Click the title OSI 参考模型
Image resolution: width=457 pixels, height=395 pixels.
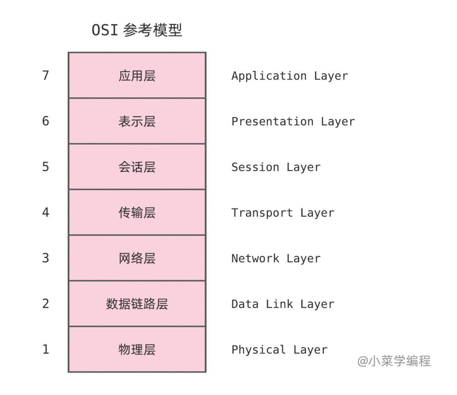pyautogui.click(x=137, y=30)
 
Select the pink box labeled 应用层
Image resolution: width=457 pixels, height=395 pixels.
pyautogui.click(x=137, y=75)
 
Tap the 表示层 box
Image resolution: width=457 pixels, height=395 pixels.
pyautogui.click(x=137, y=121)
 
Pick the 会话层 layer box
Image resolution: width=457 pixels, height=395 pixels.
pyautogui.click(x=137, y=167)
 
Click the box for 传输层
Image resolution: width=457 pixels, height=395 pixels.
pyautogui.click(x=137, y=212)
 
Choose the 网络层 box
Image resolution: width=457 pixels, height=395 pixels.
pyautogui.click(x=137, y=258)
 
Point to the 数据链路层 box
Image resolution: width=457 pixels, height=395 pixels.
pyautogui.click(x=137, y=304)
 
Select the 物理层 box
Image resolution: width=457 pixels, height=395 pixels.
pyautogui.click(x=137, y=350)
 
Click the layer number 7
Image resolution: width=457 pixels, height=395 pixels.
pyautogui.click(x=45, y=75)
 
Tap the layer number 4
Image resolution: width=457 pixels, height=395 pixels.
pyautogui.click(x=45, y=212)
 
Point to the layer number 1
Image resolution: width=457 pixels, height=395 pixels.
pyautogui.click(x=45, y=350)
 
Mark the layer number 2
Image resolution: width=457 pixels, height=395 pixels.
pyautogui.click(x=45, y=304)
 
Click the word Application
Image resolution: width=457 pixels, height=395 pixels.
pyautogui.click(x=269, y=76)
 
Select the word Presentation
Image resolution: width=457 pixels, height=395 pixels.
pyautogui.click(x=273, y=122)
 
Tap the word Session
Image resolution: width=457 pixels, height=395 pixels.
pyautogui.click(x=255, y=167)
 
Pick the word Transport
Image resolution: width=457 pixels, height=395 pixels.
pyautogui.click(x=262, y=213)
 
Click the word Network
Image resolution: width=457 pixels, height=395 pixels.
pyautogui.click(x=255, y=259)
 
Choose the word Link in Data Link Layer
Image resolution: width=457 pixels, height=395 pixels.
pyautogui.click(x=279, y=304)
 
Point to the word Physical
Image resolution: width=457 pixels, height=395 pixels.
pyautogui.click(x=259, y=350)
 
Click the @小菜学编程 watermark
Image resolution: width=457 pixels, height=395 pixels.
pyautogui.click(x=394, y=361)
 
